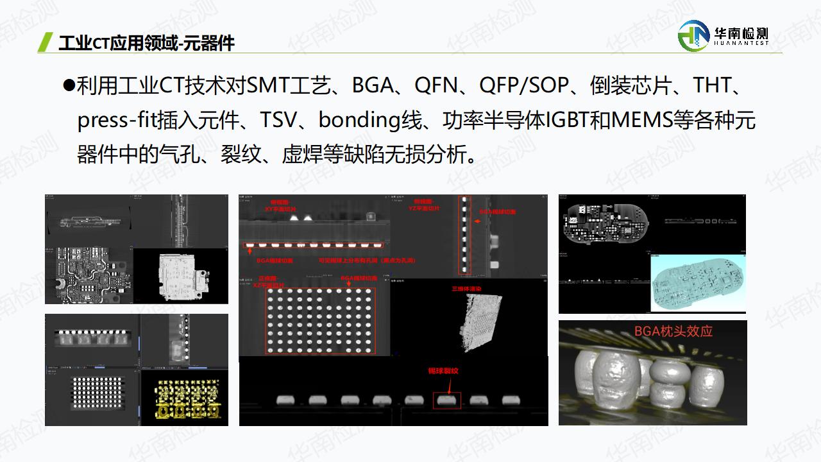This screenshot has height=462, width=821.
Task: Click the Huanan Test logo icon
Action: click(x=693, y=35)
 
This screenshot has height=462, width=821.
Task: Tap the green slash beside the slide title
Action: click(x=45, y=42)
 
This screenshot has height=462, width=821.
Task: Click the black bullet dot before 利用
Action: click(x=69, y=86)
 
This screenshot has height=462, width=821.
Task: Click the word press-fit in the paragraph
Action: click(x=115, y=121)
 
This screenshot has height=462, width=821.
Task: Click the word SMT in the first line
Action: click(x=267, y=86)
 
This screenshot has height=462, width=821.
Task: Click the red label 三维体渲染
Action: click(x=467, y=289)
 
